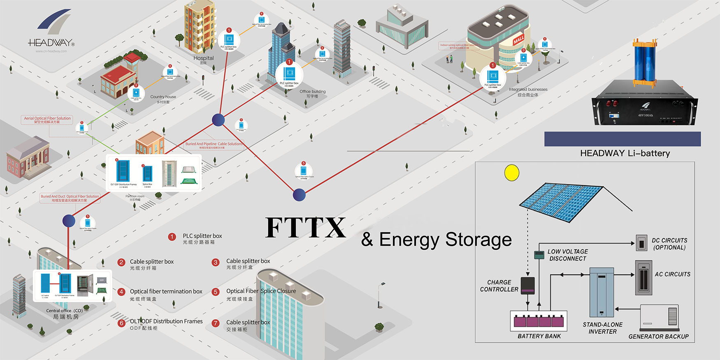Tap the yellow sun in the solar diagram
512,173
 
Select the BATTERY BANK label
539,336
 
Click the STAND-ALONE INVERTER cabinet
602,292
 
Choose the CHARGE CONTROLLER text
499,286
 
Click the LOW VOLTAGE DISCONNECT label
568,255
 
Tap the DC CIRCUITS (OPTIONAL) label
669,244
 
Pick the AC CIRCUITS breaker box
643,276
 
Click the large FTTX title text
305,228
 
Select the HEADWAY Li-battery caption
625,153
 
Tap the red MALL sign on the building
518,40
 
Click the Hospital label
204,58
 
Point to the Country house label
163,97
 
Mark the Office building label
312,92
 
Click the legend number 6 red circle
121,323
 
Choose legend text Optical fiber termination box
166,291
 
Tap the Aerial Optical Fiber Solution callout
47,118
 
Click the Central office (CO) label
65,311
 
